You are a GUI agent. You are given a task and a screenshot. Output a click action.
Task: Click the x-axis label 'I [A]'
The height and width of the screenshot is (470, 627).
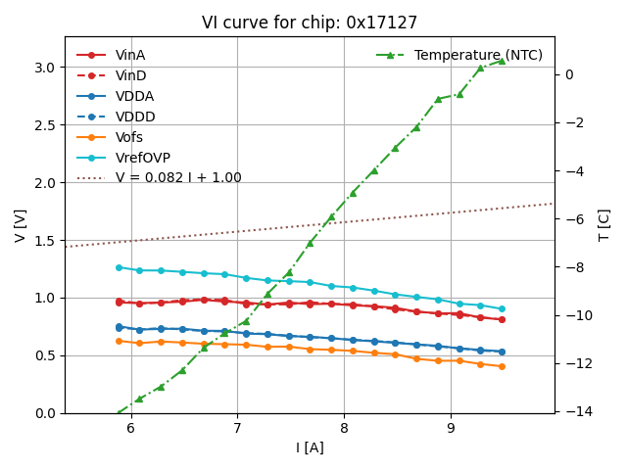tap(310, 448)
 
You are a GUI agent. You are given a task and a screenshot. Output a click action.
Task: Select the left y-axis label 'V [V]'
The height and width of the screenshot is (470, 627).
tap(21, 224)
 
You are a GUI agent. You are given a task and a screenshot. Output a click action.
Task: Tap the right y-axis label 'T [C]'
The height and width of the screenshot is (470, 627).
tap(603, 224)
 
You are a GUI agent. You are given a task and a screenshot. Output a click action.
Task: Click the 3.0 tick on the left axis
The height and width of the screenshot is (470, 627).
tap(45, 68)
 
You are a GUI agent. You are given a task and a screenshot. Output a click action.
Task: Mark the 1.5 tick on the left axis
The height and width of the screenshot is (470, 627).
tap(45, 240)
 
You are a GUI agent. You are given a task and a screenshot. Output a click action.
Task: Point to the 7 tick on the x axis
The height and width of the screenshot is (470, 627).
tap(237, 428)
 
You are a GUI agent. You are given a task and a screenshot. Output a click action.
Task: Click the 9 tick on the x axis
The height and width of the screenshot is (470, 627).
tap(451, 428)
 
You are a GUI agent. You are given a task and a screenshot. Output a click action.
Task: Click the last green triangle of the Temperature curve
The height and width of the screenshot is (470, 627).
tap(502, 61)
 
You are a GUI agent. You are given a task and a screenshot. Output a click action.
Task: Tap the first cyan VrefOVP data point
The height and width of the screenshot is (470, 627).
tap(119, 267)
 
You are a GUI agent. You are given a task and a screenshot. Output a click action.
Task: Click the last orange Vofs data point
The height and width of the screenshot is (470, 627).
tap(502, 366)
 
